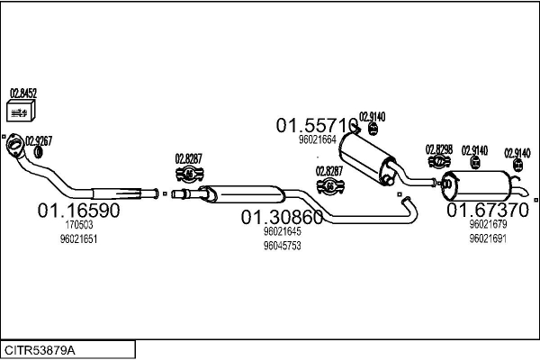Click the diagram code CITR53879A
click(x=40, y=349)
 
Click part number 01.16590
click(x=78, y=210)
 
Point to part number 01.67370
click(x=488, y=210)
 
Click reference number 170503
click(x=79, y=225)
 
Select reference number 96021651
click(x=78, y=239)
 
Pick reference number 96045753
click(x=282, y=245)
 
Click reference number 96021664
click(x=317, y=139)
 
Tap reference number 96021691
click(x=488, y=238)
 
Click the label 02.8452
click(x=22, y=92)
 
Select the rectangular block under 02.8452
click(x=21, y=112)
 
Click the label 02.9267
click(x=38, y=139)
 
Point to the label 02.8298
click(x=439, y=148)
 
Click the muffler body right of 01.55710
click(x=365, y=153)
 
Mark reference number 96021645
click(x=282, y=231)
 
